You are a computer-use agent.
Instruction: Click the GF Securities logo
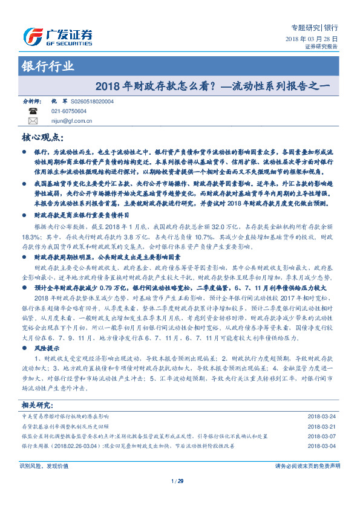click(57, 36)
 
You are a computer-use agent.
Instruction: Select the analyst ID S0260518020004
click(92, 102)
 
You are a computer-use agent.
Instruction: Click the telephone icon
click(33, 111)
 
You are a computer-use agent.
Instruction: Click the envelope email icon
click(33, 120)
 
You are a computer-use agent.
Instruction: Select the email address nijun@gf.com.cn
click(71, 120)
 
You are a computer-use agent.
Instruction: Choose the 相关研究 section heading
click(38, 404)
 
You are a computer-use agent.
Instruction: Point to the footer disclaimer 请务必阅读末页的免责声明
click(307, 466)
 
